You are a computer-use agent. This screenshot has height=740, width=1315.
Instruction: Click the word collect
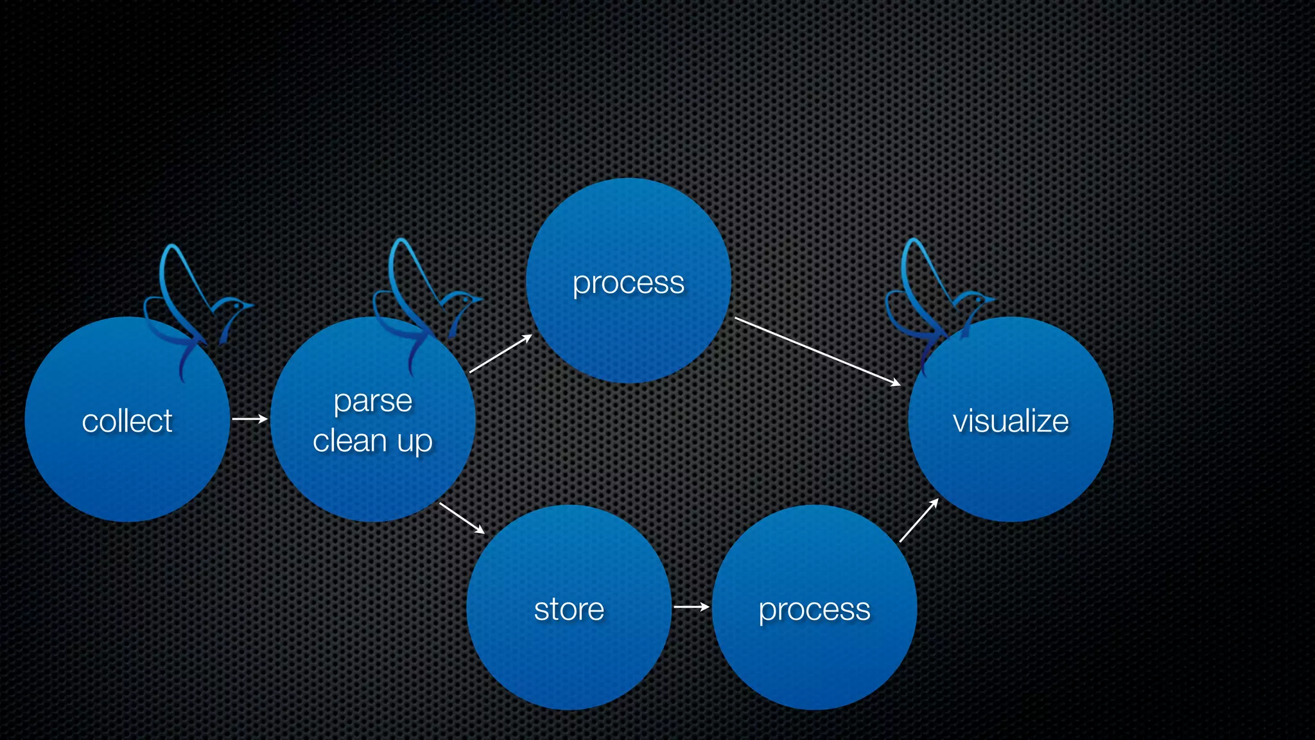[x=127, y=421]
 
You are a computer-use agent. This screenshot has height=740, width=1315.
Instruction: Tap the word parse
[x=373, y=402]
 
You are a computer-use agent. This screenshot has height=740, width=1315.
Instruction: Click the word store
[x=569, y=609]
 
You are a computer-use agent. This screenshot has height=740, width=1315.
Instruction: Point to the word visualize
[x=1011, y=421]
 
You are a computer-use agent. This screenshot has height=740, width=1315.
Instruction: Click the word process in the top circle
[x=629, y=283]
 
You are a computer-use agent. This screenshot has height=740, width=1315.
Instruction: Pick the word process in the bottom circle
[x=814, y=609]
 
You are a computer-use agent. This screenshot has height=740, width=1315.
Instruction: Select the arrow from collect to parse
[x=250, y=419]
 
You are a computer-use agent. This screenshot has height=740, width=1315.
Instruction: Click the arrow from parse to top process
[x=501, y=354]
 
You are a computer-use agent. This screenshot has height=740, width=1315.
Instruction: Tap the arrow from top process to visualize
[x=817, y=351]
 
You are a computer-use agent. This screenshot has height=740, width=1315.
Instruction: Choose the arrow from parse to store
[x=462, y=518]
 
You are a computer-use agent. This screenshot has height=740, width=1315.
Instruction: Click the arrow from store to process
[x=692, y=606]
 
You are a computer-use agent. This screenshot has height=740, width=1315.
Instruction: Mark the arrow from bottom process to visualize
[x=919, y=520]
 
